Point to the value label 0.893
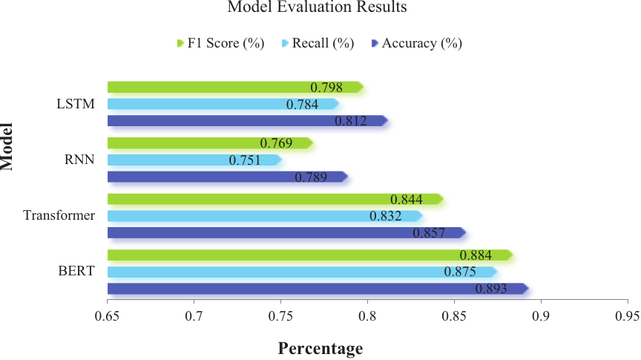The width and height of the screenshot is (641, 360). [x=491, y=289]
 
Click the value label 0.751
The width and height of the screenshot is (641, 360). [x=244, y=160]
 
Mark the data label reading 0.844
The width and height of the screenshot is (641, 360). [x=406, y=200]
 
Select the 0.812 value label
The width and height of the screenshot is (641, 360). [x=351, y=121]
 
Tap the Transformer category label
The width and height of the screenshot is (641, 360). [x=59, y=216]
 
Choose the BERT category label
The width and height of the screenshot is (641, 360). [x=77, y=272]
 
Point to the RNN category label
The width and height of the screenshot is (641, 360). [x=79, y=160]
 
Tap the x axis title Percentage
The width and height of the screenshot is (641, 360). [x=320, y=348]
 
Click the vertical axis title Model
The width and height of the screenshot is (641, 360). [x=8, y=145]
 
